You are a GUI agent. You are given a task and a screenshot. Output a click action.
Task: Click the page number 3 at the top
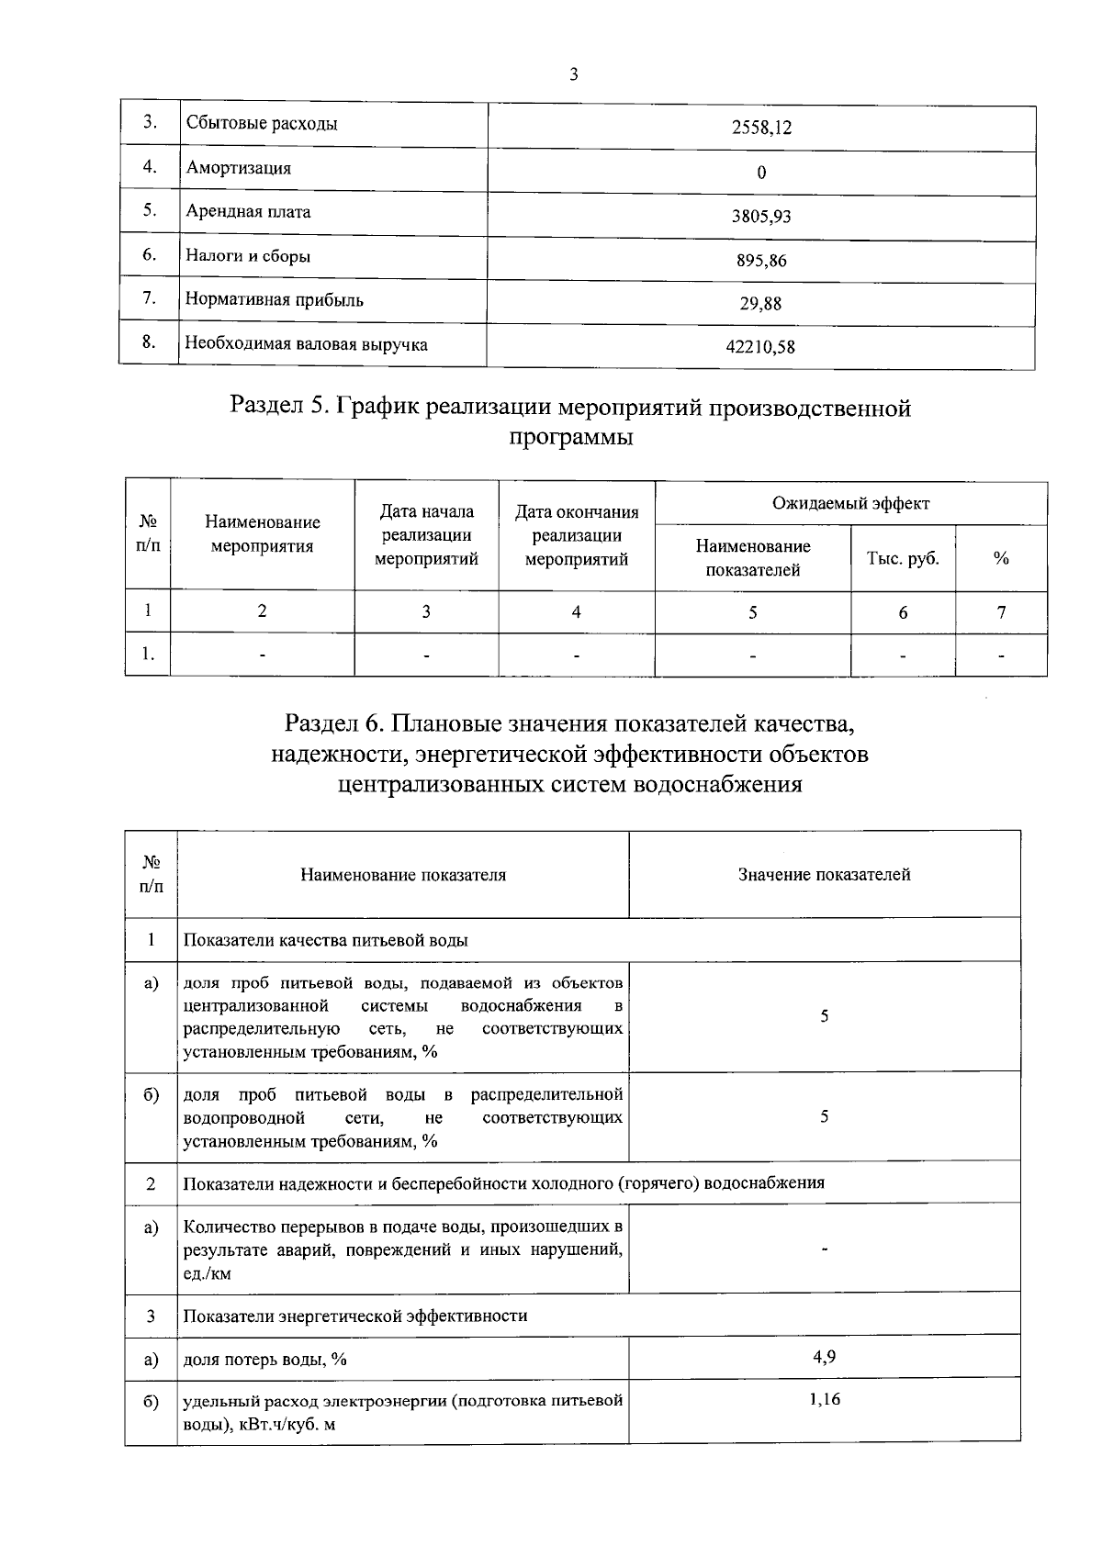pyautogui.click(x=574, y=75)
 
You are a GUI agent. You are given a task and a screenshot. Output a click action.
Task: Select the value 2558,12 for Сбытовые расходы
pyautogui.click(x=761, y=128)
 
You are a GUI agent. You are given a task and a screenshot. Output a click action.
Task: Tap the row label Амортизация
pyautogui.click(x=239, y=168)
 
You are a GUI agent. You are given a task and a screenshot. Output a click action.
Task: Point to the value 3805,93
pyautogui.click(x=761, y=217)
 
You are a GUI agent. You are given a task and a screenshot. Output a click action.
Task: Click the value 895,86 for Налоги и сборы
pyautogui.click(x=761, y=261)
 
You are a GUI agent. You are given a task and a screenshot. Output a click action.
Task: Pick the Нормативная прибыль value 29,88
pyautogui.click(x=761, y=304)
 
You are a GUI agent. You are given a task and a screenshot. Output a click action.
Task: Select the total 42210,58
pyautogui.click(x=761, y=348)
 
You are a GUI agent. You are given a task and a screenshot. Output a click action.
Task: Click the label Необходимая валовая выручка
pyautogui.click(x=307, y=344)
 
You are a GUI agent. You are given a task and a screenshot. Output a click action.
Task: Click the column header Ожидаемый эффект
pyautogui.click(x=850, y=503)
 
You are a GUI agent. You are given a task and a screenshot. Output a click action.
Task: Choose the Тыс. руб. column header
pyautogui.click(x=903, y=558)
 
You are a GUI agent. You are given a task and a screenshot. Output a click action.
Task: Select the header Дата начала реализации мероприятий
pyautogui.click(x=427, y=535)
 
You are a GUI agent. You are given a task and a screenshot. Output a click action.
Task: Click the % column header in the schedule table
pyautogui.click(x=1001, y=558)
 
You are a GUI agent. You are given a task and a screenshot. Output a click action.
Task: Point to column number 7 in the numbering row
pyautogui.click(x=1001, y=612)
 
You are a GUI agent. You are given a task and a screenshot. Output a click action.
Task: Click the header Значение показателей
pyautogui.click(x=824, y=875)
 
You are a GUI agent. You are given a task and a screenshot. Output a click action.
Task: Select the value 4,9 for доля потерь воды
pyautogui.click(x=824, y=1357)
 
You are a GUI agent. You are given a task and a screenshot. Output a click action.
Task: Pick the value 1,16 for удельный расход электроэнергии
pyautogui.click(x=824, y=1400)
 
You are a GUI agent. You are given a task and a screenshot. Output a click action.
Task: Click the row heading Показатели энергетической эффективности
pyautogui.click(x=355, y=1316)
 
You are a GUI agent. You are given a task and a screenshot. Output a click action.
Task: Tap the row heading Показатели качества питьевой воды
pyautogui.click(x=326, y=940)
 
